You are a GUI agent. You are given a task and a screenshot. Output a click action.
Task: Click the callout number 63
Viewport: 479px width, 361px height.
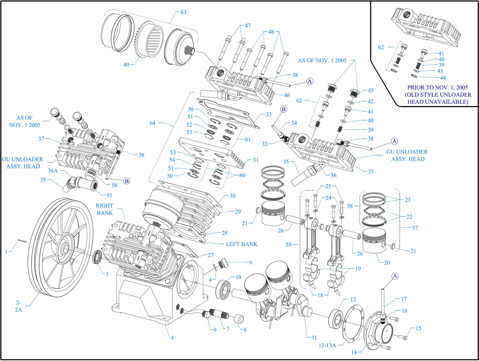tap(183, 12)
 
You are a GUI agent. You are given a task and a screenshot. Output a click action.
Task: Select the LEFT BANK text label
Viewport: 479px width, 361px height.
tap(241, 244)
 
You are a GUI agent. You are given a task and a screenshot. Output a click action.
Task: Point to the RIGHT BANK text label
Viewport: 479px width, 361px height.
tap(104, 209)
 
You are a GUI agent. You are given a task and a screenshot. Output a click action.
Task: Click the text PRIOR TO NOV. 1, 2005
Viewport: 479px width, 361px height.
tap(438, 88)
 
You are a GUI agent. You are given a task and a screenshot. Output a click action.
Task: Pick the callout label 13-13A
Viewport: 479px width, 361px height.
tap(327, 345)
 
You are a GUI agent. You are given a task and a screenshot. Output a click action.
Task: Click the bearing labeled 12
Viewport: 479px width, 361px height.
tap(337, 320)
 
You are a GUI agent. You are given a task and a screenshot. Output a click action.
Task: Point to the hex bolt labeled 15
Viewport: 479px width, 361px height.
tap(402, 337)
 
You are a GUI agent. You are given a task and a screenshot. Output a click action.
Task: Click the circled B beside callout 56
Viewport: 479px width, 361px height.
tap(127, 181)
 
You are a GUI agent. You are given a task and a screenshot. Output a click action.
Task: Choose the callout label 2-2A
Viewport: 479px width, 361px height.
tap(18, 306)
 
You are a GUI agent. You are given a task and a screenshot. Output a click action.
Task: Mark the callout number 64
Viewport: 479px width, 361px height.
tap(152, 123)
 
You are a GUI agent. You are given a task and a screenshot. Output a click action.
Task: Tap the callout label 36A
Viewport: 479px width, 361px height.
tap(53, 171)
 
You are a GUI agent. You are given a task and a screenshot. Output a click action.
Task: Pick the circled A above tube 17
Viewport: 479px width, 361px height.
tap(395, 276)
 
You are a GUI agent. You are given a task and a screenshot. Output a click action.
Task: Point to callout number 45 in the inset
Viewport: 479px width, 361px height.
tap(440, 71)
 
